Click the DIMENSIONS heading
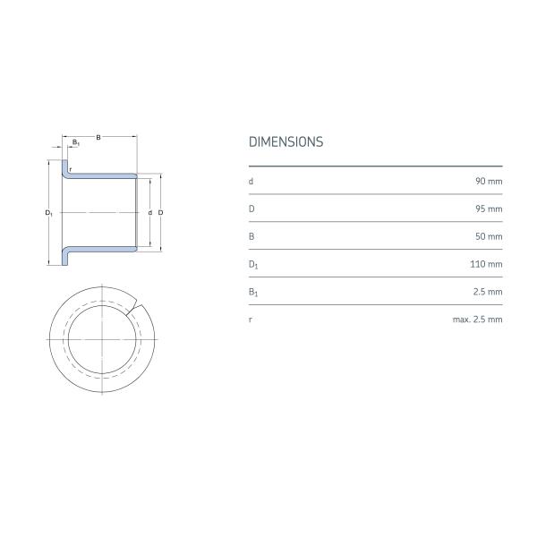tap(286, 142)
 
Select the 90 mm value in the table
tap(489, 181)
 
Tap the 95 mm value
tap(489, 209)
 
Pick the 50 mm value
tap(489, 236)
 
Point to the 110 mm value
tap(487, 264)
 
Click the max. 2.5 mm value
tap(477, 320)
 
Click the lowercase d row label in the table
tap(251, 181)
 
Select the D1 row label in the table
tap(252, 265)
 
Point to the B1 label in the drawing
tap(75, 143)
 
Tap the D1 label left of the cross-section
tap(48, 213)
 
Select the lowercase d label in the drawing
tap(149, 213)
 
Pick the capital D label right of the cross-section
tap(159, 213)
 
